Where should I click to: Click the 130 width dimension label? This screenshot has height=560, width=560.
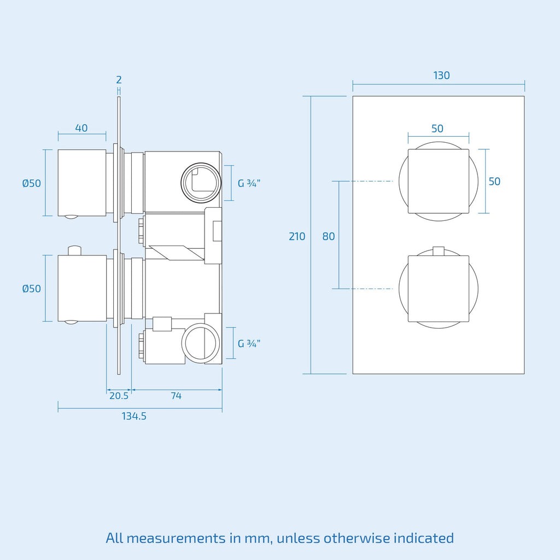coord(441,75)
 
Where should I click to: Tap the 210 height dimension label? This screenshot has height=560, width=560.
coord(297,236)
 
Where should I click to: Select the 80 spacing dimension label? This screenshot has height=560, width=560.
coord(329,236)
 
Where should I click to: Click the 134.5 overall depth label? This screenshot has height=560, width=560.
coord(134,416)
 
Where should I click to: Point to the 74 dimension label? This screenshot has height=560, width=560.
coord(176,396)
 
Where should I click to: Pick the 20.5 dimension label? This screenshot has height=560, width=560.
coord(119,396)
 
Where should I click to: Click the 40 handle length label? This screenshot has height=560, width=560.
coord(81,128)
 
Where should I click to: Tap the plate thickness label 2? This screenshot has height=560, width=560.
coord(119,80)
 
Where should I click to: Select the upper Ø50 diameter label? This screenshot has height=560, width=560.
coord(31,183)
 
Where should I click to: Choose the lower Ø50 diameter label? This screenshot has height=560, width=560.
coord(31,288)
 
